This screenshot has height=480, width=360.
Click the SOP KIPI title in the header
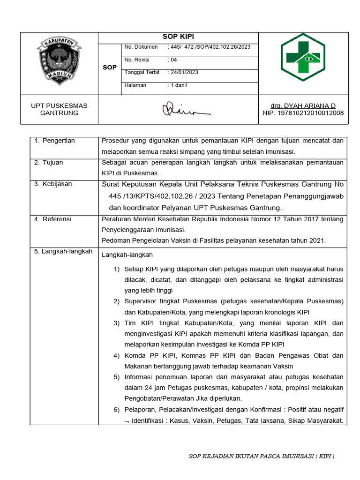(178, 37)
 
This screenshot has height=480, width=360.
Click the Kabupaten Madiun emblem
(59, 61)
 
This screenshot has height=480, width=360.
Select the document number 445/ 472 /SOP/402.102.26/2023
(209, 47)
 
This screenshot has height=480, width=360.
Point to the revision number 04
(172, 60)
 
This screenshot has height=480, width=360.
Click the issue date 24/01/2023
(183, 72)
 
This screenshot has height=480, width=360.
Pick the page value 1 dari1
(178, 85)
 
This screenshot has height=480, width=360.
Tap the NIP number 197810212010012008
(303, 113)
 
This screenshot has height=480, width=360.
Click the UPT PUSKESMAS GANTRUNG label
(59, 109)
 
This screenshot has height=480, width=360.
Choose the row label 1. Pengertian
(54, 141)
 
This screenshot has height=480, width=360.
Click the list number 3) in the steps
(117, 323)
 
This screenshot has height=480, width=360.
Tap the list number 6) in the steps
(117, 410)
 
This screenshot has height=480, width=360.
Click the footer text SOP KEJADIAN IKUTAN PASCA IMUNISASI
(261, 456)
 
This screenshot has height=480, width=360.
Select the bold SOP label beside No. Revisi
(110, 67)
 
